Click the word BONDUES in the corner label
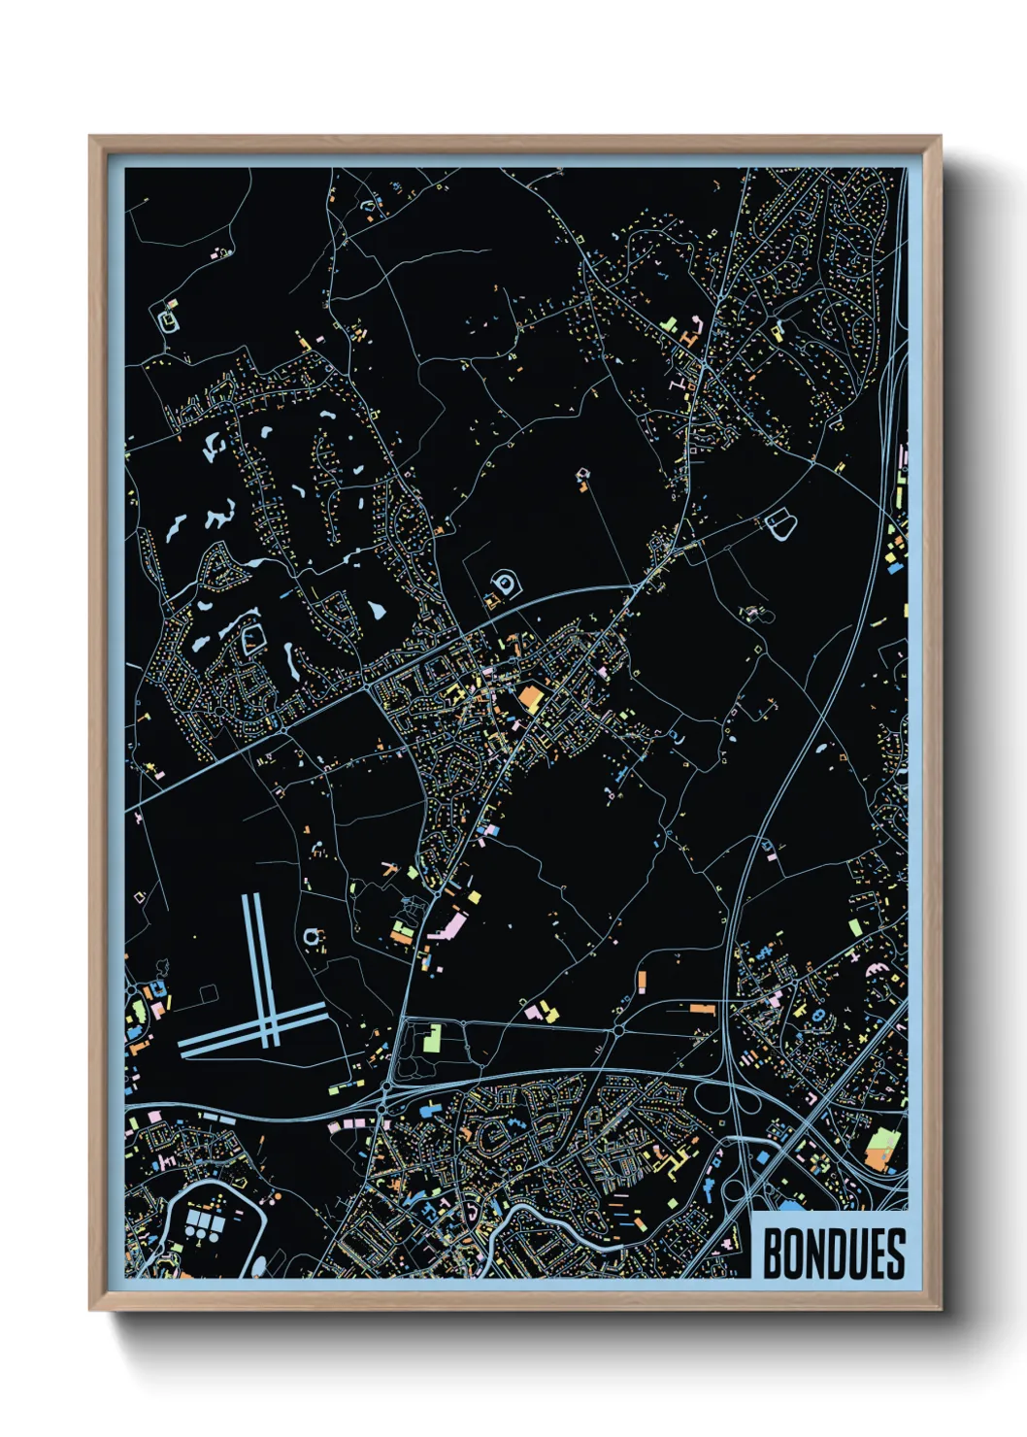tap(833, 1253)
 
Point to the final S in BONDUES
tap(895, 1253)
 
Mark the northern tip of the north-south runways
tap(250, 897)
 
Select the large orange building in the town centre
tap(530, 697)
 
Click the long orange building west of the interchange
tap(701, 1010)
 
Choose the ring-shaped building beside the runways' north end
tap(313, 937)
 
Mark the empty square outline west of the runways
tap(208, 993)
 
